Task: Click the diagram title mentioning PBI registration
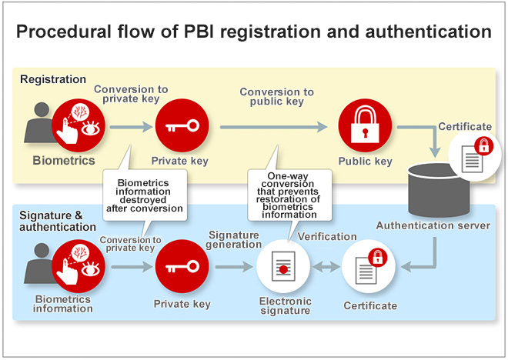[x=254, y=32]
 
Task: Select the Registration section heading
[x=53, y=79]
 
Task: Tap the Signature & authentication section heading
[x=58, y=221]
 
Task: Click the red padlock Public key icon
[x=365, y=125]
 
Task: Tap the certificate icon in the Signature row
[x=369, y=268]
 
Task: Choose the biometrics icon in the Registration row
[x=79, y=125]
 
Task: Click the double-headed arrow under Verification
[x=326, y=267]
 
